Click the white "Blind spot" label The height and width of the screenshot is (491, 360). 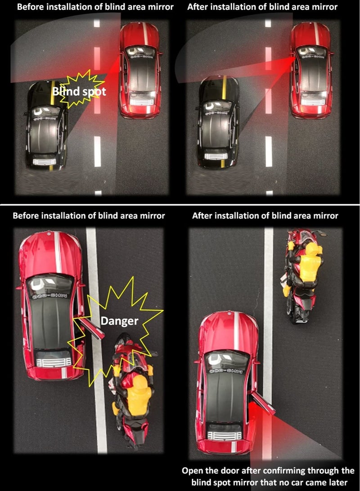click(x=79, y=91)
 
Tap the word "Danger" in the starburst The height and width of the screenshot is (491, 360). click(x=119, y=321)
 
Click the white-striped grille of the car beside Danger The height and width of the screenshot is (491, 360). click(x=54, y=362)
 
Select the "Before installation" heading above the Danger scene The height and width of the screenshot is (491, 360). click(x=89, y=216)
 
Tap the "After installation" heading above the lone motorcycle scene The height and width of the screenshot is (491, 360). click(x=265, y=216)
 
